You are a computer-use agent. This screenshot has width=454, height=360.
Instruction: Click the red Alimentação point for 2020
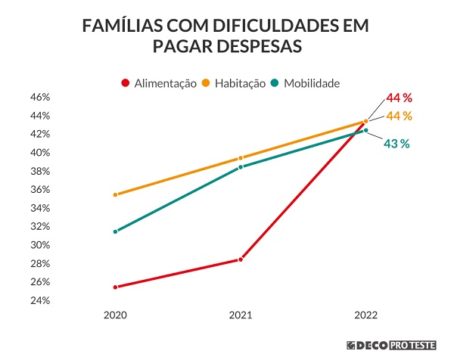click(115, 287)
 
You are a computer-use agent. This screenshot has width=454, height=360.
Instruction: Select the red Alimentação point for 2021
click(241, 259)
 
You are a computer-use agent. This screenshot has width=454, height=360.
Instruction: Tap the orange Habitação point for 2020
click(115, 194)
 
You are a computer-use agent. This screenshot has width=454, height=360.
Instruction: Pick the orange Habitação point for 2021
click(241, 158)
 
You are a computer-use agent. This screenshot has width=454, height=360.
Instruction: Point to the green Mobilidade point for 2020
click(115, 231)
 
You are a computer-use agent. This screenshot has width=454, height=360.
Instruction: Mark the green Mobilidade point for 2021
click(241, 167)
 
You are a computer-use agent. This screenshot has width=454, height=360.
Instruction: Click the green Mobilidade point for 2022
click(366, 130)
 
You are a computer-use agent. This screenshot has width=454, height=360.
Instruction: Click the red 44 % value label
click(399, 98)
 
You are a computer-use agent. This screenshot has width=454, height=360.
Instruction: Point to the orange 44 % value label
click(399, 116)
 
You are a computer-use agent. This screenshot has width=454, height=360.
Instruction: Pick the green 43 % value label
click(396, 144)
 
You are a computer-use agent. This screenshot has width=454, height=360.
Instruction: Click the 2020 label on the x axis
click(115, 313)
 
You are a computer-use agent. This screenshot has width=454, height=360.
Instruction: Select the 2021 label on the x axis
click(241, 313)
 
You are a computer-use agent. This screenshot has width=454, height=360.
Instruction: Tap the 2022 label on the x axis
click(366, 313)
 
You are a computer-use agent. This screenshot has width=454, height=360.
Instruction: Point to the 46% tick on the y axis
click(39, 98)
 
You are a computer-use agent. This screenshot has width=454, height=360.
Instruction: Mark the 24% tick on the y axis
click(39, 300)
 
